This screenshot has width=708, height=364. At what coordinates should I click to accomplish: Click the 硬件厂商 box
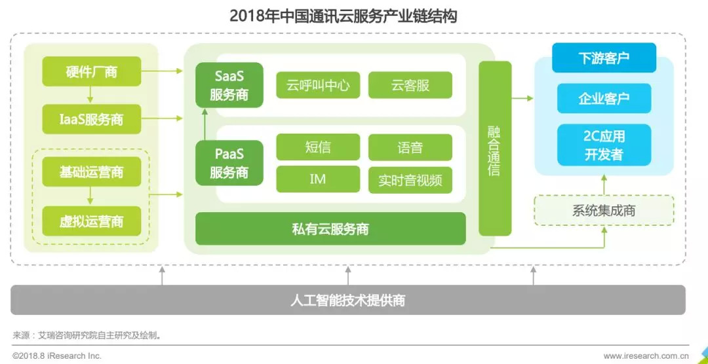pos(91,71)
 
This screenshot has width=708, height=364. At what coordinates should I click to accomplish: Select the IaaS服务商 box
pos(91,120)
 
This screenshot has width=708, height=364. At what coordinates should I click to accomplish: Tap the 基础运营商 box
pos(91,172)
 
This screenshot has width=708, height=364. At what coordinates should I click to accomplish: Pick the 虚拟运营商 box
pos(91,221)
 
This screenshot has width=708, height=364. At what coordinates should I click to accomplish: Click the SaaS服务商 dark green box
pos(229,85)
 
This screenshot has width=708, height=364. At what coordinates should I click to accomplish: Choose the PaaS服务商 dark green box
pos(229,163)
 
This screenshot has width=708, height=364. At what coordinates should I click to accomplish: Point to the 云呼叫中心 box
pos(318,85)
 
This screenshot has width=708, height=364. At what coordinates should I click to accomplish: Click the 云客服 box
pos(410,85)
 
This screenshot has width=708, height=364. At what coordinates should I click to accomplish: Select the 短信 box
pos(318,147)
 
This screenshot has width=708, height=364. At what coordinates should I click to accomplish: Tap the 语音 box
pos(410,147)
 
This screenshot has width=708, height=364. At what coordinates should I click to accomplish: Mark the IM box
pos(318,179)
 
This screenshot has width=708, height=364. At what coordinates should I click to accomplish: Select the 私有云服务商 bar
pos(330,228)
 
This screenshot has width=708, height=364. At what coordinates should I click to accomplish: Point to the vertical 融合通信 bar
pos(494,149)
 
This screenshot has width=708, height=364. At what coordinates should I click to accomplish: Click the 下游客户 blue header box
pos(604,58)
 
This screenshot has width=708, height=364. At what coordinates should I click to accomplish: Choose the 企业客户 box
pos(604,99)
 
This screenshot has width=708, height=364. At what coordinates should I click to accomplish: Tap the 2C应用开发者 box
pos(604,145)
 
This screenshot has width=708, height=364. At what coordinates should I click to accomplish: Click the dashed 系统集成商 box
pos(604,211)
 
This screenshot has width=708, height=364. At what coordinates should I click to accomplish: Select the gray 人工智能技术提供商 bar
pos(348,300)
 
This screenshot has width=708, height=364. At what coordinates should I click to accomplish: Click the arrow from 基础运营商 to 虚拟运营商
pos(91,196)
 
